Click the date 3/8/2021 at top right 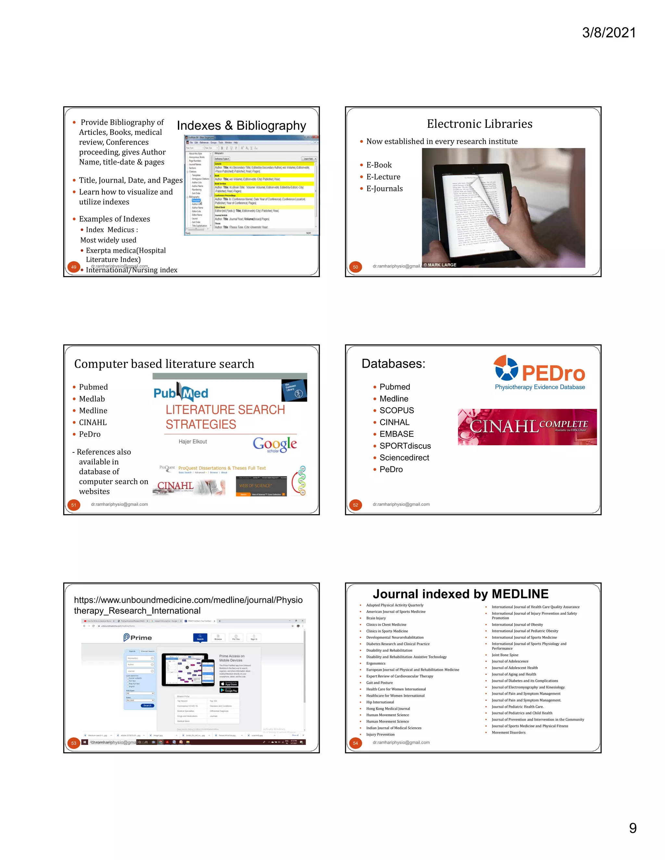tap(609, 33)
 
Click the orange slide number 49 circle tap(74, 267)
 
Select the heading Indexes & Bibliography tap(241, 126)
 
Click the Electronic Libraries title tap(480, 124)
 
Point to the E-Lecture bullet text tap(383, 177)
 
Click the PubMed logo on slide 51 tap(181, 393)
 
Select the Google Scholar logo tap(275, 445)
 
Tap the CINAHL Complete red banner tap(527, 427)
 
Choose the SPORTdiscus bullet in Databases tap(405, 446)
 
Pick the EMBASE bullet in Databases tap(396, 434)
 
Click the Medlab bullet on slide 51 tap(92, 399)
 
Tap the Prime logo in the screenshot tap(137, 637)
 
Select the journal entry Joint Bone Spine tap(505, 655)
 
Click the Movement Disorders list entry tap(508, 732)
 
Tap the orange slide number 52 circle tap(355, 505)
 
